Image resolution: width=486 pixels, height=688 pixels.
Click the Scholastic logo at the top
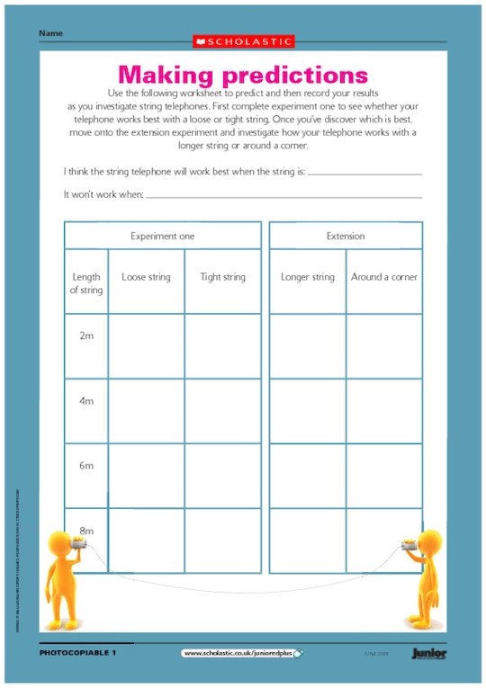coord(243,41)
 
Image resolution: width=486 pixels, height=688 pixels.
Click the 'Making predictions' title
coord(243,74)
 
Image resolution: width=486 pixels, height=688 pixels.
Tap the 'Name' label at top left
coord(50,33)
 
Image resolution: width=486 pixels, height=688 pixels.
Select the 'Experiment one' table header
coord(162,236)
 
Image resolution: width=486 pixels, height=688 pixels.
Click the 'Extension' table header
coord(346,236)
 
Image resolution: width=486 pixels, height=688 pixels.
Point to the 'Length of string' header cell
coord(86,283)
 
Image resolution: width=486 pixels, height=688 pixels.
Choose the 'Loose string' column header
coord(146,277)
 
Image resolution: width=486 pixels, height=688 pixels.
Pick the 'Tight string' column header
coord(222,277)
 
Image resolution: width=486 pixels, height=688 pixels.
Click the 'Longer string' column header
coord(307,277)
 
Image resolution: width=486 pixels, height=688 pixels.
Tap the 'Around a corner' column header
coord(384,277)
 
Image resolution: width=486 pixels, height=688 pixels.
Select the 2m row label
coord(86,335)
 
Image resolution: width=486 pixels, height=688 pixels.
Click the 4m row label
coord(86,401)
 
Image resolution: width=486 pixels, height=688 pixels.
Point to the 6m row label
coord(86,466)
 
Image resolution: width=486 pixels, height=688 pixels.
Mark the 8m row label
coord(86,531)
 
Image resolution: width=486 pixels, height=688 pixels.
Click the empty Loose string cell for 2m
coord(146,346)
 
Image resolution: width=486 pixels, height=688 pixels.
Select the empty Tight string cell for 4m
coord(222,411)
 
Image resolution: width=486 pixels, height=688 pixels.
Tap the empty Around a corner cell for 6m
coord(384,476)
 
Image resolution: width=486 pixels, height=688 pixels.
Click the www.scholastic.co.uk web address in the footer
coord(241,653)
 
